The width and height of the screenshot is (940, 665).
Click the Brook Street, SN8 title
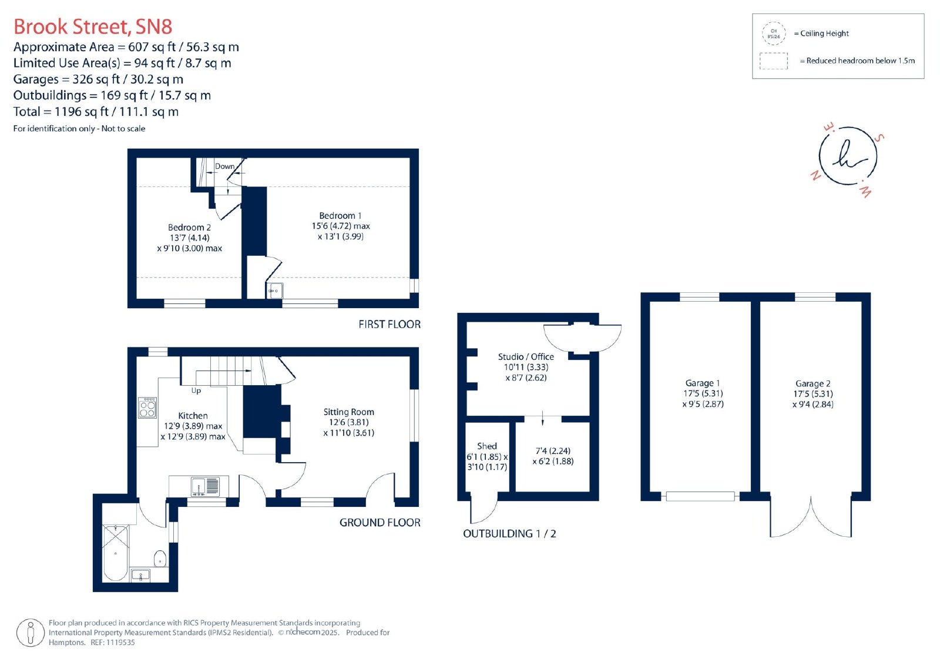click(93, 26)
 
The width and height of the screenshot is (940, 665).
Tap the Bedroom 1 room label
click(340, 216)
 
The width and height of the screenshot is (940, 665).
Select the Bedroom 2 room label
click(189, 228)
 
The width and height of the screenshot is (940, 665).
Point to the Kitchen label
click(193, 416)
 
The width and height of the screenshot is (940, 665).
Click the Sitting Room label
click(349, 412)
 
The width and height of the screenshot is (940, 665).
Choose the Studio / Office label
click(526, 357)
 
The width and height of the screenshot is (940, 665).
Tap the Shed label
click(487, 446)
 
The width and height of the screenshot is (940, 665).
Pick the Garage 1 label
click(703, 383)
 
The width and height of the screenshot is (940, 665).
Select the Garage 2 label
click(813, 383)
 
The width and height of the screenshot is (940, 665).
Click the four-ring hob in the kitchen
click(147, 407)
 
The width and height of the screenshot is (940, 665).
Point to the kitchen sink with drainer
click(205, 486)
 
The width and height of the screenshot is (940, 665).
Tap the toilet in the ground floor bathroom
click(160, 559)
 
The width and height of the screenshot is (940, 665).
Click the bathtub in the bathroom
click(115, 553)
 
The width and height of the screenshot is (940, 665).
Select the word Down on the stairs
click(224, 166)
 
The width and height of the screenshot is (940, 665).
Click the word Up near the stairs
click(196, 390)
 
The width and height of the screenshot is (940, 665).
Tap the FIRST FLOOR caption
click(390, 325)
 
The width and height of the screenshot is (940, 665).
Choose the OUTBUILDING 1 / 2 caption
click(509, 533)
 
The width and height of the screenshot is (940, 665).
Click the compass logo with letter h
click(848, 156)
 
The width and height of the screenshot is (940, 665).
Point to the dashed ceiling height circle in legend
click(774, 34)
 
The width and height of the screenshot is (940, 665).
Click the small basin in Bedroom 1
click(274, 290)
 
